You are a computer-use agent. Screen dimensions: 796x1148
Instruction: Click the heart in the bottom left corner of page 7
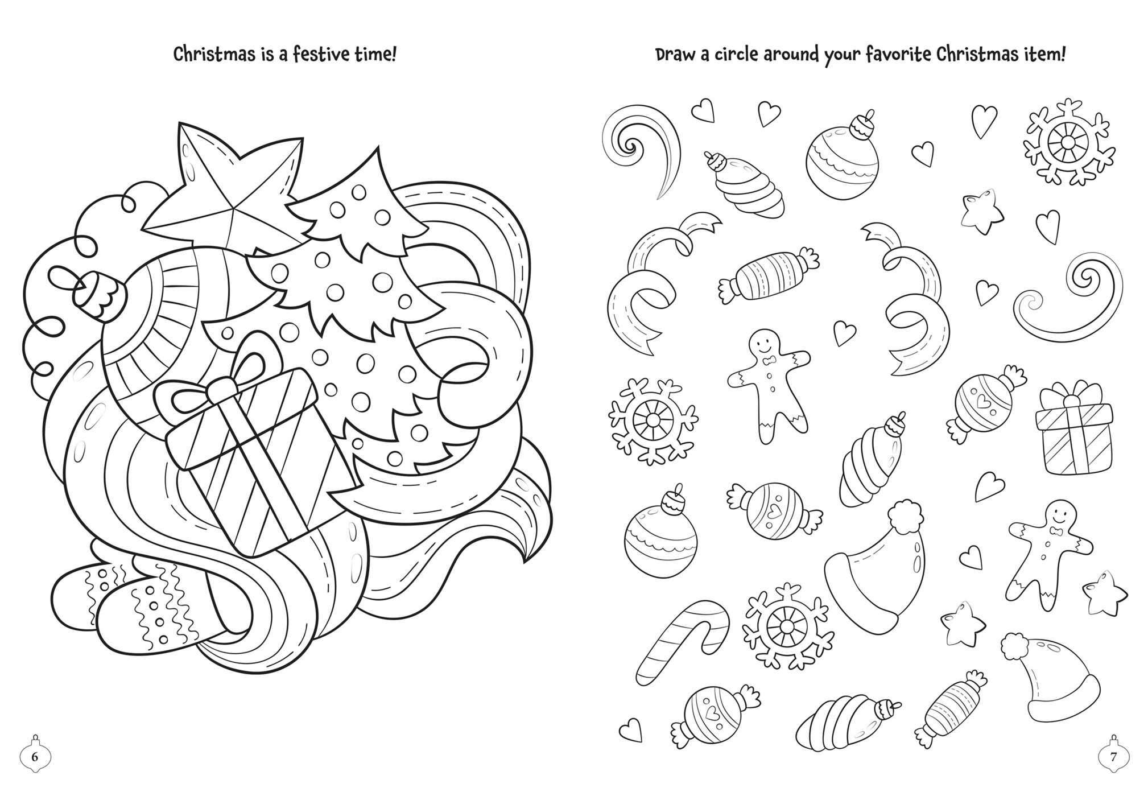coord(630,729)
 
